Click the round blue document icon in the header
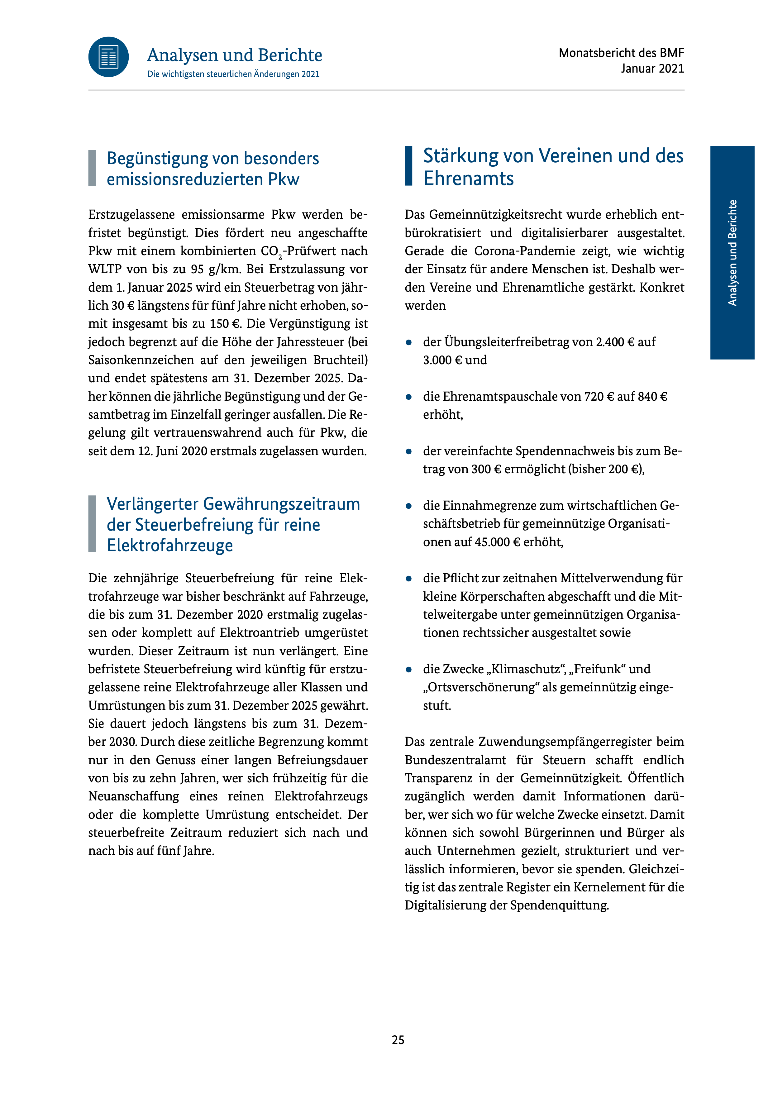point(108,57)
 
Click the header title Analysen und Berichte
point(234,55)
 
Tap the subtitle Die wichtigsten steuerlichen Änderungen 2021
point(233,74)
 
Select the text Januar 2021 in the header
point(652,69)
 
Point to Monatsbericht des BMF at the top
point(621,53)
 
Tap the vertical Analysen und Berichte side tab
point(732,252)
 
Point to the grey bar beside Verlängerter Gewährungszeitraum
point(92,524)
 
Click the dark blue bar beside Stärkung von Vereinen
point(408,166)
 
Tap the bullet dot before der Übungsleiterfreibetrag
point(408,342)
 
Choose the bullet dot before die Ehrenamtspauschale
point(408,397)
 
